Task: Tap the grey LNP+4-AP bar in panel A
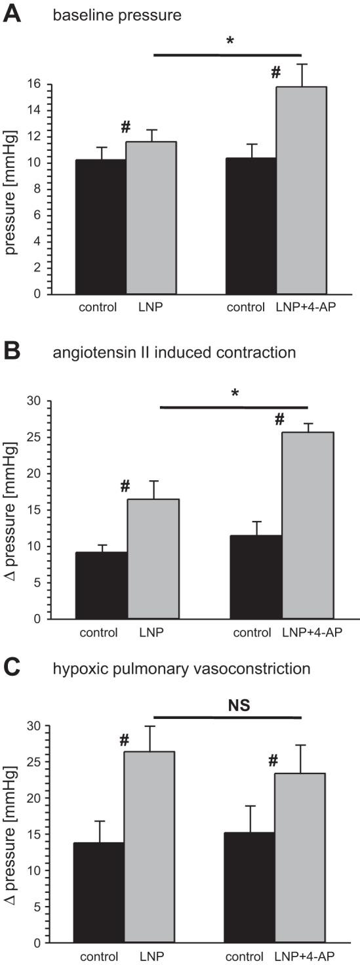click(x=301, y=190)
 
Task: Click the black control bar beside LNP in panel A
click(x=100, y=226)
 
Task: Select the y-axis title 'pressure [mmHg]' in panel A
click(x=13, y=188)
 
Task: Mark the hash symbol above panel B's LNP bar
click(x=125, y=487)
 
